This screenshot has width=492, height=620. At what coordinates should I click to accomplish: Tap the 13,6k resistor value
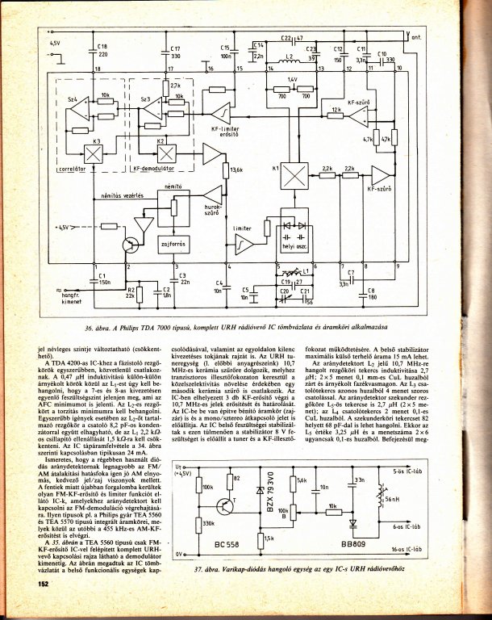pyautogui.click(x=236, y=170)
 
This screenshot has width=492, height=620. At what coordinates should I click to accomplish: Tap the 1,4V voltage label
pyautogui.click(x=293, y=80)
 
